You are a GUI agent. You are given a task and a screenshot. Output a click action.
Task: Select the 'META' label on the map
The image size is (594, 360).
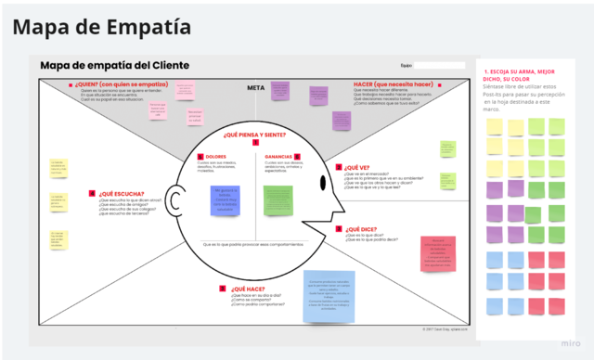click(x=256, y=88)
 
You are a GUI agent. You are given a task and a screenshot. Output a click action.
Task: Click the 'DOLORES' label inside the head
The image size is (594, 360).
click(x=216, y=156)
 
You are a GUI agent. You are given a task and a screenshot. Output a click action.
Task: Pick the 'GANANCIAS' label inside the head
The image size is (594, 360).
click(x=278, y=156)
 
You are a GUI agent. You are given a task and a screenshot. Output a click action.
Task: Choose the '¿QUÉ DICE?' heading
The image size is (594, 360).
click(x=360, y=228)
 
